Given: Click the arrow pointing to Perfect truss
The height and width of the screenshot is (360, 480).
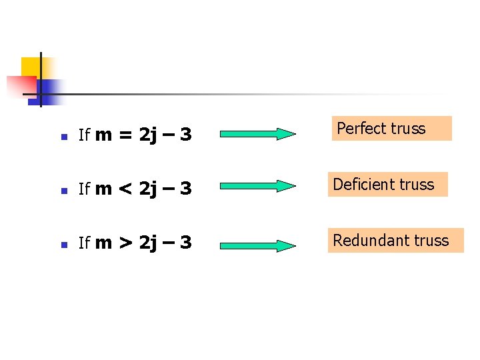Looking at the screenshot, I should click(258, 134).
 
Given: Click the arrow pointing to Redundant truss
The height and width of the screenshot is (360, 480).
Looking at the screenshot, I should click(258, 245).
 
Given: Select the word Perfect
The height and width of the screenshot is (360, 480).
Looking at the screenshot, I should click(360, 129).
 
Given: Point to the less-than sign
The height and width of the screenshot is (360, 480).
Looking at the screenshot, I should click(125, 189).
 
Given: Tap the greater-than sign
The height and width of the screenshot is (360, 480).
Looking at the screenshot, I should click(125, 243).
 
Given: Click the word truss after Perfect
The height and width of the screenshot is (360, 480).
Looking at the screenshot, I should click(408, 129).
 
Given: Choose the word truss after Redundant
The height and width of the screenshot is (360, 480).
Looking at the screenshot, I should click(431, 240).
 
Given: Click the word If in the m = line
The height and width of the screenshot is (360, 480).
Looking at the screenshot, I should click(84, 135).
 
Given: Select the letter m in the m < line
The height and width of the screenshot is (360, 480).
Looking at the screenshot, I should click(103, 189).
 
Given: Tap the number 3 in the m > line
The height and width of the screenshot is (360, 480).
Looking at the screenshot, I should click(185, 243).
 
